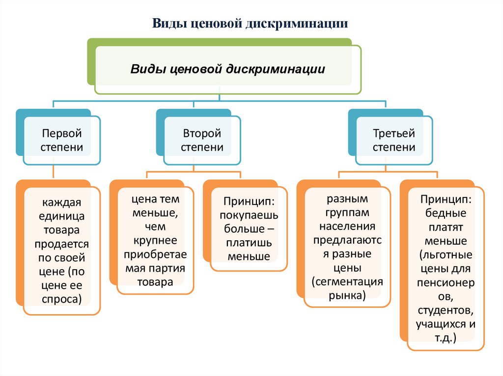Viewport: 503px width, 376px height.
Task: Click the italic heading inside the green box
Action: coord(227,69)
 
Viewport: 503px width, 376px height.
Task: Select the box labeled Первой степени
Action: coord(62,140)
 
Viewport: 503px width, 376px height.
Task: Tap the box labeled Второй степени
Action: coord(202,140)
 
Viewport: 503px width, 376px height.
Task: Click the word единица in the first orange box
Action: coord(62,216)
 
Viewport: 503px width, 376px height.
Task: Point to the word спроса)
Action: coord(62,299)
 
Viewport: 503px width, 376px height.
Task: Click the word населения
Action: coord(347,226)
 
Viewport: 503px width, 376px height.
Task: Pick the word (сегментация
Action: coord(347,282)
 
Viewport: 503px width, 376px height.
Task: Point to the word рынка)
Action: coord(347,295)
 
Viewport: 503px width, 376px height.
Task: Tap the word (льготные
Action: coord(446,255)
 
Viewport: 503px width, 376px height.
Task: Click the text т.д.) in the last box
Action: coord(446,338)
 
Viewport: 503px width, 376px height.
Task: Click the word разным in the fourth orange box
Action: coord(347,199)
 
